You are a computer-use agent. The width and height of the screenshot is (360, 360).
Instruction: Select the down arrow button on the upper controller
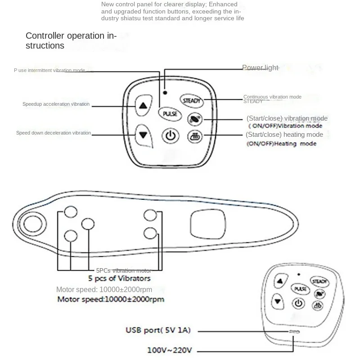(x=143, y=135)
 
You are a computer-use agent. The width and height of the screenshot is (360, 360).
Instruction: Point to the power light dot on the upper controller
(x=166, y=92)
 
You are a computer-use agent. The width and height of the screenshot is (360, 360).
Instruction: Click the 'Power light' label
(x=260, y=68)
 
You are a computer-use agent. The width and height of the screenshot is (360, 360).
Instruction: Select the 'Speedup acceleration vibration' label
(x=56, y=104)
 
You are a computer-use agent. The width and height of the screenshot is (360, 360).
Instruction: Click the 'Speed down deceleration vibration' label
(x=54, y=133)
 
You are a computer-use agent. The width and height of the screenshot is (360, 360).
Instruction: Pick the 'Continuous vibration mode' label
(x=272, y=97)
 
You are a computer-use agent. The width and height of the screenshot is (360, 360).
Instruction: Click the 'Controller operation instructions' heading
(x=71, y=40)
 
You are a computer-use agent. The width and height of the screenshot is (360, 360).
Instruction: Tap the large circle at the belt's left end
(x=32, y=222)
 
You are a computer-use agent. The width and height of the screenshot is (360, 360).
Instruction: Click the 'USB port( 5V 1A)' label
(x=158, y=331)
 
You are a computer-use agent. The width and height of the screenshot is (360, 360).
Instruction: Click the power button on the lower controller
(x=298, y=303)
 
